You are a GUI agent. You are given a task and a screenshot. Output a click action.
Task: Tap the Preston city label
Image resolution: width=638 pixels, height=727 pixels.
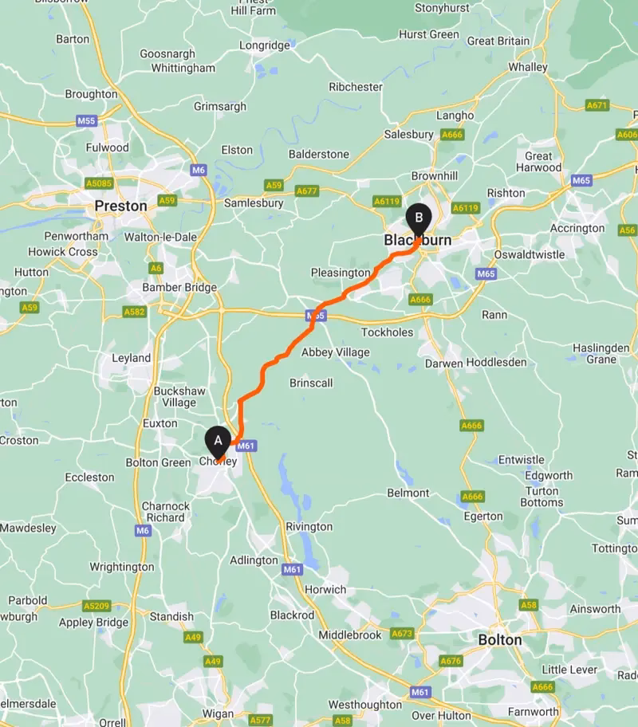point(120,206)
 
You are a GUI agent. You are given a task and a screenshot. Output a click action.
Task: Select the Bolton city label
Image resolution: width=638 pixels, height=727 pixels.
point(500,639)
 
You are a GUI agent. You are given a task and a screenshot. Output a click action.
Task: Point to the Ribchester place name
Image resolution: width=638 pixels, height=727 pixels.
point(356,87)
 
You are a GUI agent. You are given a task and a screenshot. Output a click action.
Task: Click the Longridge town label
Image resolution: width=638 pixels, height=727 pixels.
point(265,45)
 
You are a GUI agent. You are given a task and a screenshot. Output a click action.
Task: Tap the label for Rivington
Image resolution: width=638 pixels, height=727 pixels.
point(309,527)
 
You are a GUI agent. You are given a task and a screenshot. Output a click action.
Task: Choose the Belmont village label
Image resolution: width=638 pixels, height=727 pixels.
point(408,493)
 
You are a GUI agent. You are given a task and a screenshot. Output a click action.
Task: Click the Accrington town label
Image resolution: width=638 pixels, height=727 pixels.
point(577,228)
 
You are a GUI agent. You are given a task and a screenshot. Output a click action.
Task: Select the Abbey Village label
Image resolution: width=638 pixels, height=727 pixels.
point(335,352)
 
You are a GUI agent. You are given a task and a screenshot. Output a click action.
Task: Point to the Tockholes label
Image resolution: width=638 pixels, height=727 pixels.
point(388,332)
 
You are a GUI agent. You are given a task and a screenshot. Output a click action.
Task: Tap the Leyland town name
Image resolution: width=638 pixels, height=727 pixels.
point(131,358)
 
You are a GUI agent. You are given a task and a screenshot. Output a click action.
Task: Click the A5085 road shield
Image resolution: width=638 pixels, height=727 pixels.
point(99,183)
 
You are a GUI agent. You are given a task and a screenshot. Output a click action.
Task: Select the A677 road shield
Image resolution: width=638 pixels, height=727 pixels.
point(306,191)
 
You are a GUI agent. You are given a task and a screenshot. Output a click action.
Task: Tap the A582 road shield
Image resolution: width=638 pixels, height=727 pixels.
point(134,312)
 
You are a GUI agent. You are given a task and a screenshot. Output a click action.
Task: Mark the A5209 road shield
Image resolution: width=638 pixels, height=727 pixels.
point(96,606)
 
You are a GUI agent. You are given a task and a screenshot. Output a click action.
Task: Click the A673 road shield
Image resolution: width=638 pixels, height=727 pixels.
point(403,634)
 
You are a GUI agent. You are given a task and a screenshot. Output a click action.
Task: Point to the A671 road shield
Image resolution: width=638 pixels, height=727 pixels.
point(597,105)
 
